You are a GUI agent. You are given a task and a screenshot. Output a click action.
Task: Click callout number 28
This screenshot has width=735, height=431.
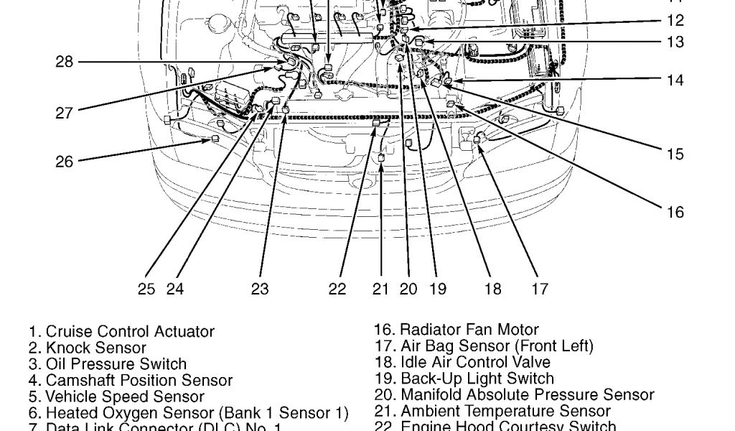click(65, 62)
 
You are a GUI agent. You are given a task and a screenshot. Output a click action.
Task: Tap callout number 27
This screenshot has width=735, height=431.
click(65, 112)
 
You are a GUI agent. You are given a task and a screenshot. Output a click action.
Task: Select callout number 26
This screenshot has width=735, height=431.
click(65, 162)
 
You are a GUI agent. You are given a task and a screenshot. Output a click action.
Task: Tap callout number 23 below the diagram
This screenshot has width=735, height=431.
click(260, 289)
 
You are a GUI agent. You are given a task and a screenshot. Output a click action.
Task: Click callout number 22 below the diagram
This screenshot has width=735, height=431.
click(337, 289)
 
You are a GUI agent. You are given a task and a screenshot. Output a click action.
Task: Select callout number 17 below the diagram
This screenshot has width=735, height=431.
click(540, 289)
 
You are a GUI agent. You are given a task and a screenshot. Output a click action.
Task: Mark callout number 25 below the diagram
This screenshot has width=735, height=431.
click(146, 289)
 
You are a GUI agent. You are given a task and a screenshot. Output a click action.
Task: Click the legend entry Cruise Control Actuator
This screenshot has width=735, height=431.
click(122, 332)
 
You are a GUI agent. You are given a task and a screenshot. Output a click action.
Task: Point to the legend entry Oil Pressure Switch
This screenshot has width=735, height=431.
click(108, 364)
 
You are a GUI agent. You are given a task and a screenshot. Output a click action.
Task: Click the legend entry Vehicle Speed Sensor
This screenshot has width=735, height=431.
click(116, 397)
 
